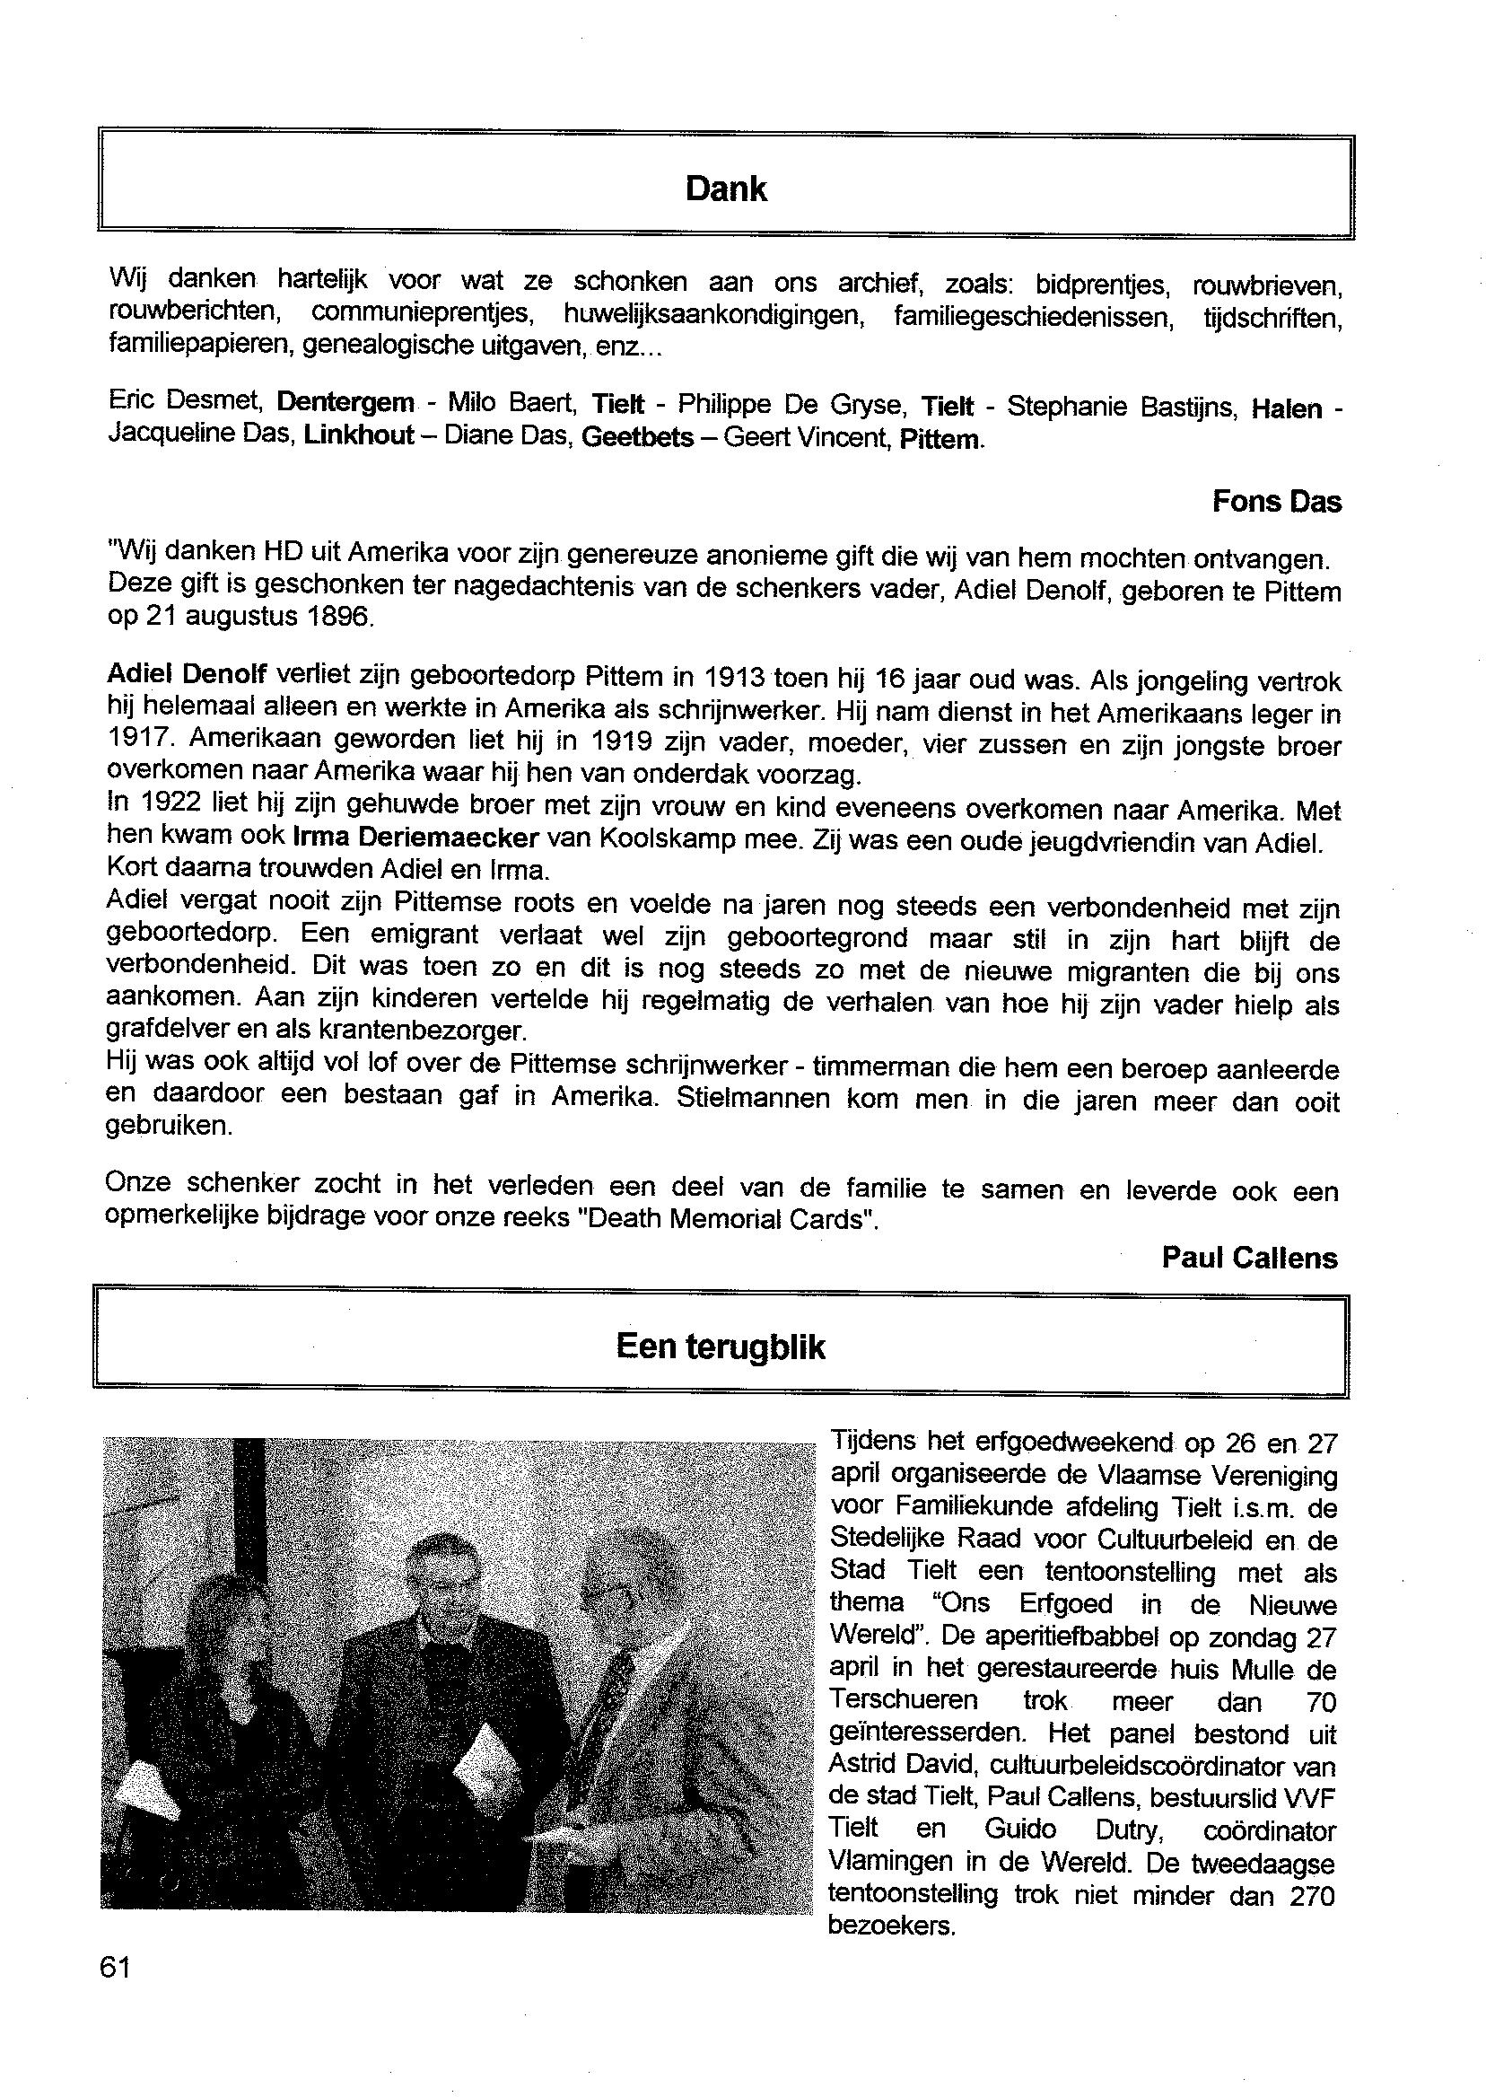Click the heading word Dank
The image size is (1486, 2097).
tap(726, 189)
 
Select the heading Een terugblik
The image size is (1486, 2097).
tap(721, 1347)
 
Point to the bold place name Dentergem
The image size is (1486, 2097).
tap(345, 403)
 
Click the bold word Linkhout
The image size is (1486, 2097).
tap(359, 434)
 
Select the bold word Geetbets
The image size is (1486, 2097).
tap(637, 437)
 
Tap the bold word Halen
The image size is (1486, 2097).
tap(1287, 408)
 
